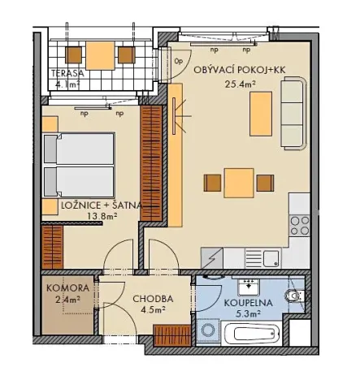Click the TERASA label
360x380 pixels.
point(67,72)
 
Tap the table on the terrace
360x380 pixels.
point(102,55)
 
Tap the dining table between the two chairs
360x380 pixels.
point(238,182)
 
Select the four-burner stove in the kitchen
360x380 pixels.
point(300,224)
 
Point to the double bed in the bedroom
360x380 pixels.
point(79,164)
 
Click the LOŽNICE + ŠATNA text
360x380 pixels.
point(102,206)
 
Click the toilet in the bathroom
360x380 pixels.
point(297,297)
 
